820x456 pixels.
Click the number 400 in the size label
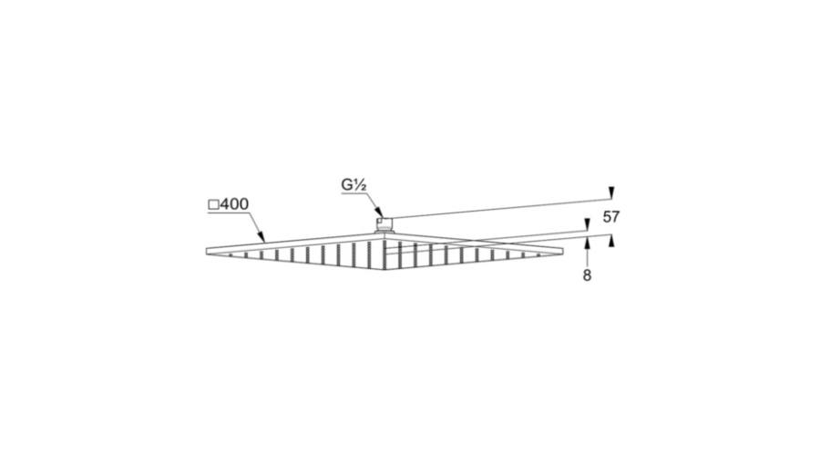click(234, 204)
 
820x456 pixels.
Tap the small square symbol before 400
click(213, 204)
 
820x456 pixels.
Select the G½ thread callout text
click(353, 185)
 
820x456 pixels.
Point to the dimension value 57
click(610, 217)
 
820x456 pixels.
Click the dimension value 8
click(588, 275)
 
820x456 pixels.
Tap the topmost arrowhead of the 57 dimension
click(610, 192)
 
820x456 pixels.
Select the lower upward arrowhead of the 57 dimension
click(610, 241)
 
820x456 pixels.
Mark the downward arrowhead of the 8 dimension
click(587, 225)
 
